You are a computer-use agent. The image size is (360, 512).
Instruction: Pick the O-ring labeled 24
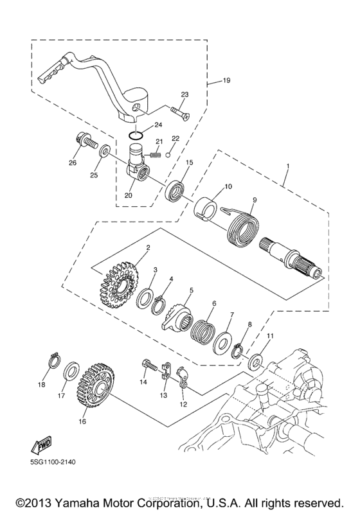pos(134,136)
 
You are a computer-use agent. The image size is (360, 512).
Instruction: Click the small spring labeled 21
pos(154,154)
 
